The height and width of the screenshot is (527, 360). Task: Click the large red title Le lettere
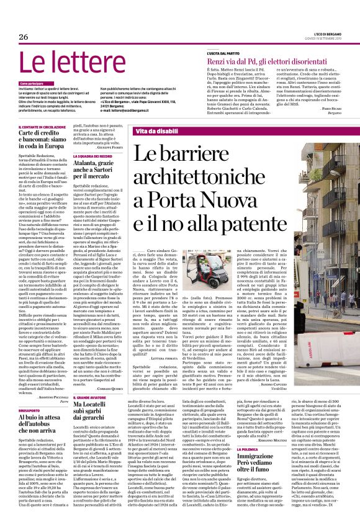65,64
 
